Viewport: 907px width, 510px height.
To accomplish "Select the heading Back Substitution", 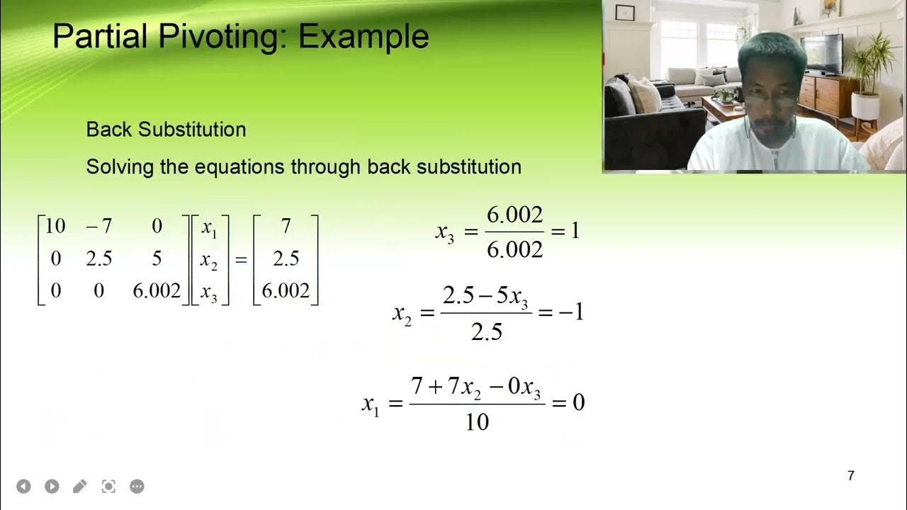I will (x=166, y=130).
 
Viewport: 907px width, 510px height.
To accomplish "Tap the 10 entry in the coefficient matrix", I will (x=55, y=227).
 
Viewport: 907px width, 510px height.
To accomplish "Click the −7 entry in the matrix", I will (x=98, y=227).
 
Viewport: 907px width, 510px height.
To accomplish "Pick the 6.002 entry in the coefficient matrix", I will (x=157, y=291).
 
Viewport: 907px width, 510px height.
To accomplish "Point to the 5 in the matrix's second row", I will (x=157, y=259).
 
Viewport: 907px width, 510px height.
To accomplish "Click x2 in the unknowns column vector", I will (x=209, y=260).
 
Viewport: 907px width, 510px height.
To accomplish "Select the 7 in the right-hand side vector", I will (x=286, y=227).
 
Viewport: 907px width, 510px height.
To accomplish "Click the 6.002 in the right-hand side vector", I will (x=286, y=291).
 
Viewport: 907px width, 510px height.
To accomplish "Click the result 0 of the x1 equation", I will (x=578, y=403).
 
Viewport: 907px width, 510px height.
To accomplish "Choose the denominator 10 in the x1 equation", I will (x=477, y=423).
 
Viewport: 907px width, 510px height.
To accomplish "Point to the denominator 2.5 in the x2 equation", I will (x=486, y=332).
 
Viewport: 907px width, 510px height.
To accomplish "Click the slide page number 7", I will (x=851, y=476).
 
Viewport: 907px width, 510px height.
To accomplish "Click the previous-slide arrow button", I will (x=23, y=487).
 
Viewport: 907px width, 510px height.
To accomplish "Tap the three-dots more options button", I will (x=137, y=487).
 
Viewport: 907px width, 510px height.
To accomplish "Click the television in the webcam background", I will (x=823, y=53).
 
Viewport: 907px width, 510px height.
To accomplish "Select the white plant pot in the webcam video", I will (x=865, y=106).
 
